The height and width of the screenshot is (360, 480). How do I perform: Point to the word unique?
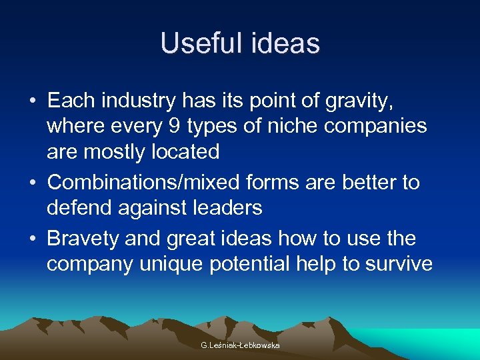click(x=173, y=264)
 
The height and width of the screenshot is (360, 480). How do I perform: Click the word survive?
click(x=399, y=264)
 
